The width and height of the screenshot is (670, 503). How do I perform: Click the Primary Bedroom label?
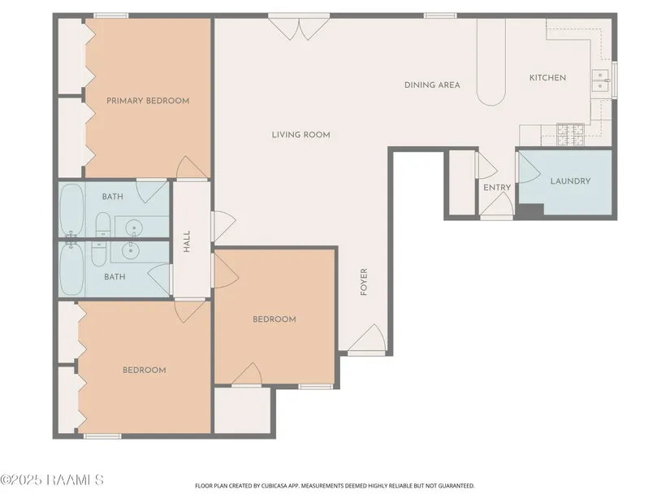coord(148,101)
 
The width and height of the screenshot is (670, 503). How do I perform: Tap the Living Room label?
coord(300,135)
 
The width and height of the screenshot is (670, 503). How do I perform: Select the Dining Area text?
coord(432,85)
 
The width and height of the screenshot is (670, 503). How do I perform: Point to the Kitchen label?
coord(547,78)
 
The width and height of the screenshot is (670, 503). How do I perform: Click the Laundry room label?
coord(570,181)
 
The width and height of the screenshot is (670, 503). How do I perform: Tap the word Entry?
coord(497,188)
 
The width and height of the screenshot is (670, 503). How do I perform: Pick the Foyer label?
coord(364,282)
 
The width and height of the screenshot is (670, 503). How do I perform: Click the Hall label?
coord(187,241)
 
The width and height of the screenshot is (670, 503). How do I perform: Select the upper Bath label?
coord(112,197)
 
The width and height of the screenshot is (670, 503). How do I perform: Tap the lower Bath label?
coord(115,277)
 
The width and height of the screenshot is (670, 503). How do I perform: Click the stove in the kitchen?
coord(570,134)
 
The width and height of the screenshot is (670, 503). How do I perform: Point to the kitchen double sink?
coord(600,80)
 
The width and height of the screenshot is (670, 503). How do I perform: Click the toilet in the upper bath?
coord(102,224)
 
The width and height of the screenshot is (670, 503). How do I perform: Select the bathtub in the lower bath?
coord(71,268)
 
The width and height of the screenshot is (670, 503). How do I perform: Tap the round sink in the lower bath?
coord(130,250)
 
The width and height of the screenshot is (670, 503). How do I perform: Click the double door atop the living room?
coord(299,28)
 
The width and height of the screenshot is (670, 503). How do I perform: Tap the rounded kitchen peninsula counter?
coord(491,62)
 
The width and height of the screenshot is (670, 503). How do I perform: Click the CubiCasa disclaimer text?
coord(335,486)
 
